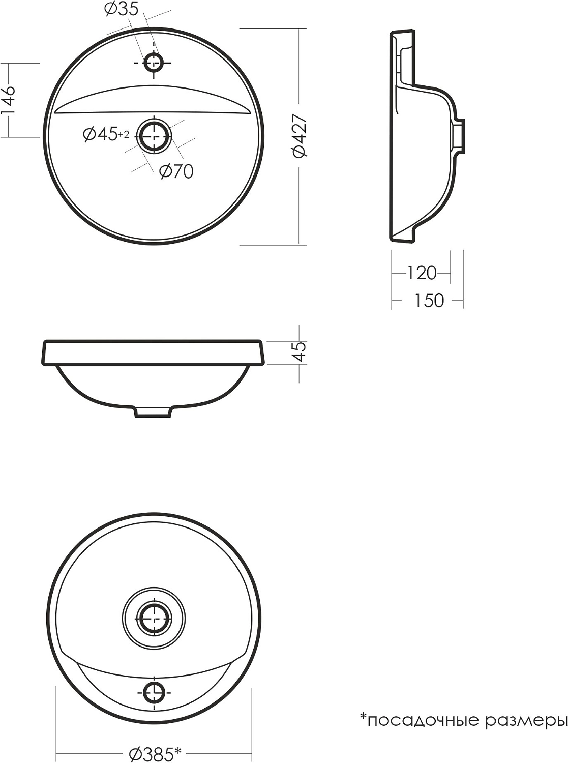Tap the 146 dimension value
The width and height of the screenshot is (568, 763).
8,100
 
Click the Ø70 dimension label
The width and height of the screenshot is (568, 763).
176,171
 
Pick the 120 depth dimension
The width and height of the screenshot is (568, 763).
422,273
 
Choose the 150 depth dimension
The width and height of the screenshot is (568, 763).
429,300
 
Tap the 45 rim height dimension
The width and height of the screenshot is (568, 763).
300,351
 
